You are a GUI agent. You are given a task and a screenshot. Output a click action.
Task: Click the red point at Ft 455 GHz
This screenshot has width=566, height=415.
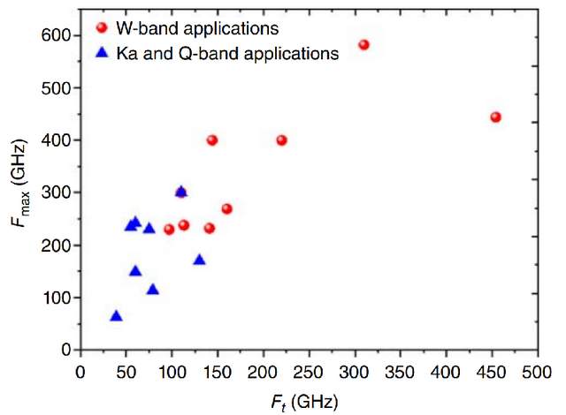click(495, 117)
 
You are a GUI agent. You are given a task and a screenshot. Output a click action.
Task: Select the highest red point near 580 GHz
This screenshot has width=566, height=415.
click(363, 44)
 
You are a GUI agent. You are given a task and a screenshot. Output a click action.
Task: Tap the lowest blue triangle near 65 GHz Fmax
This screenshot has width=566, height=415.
click(116, 316)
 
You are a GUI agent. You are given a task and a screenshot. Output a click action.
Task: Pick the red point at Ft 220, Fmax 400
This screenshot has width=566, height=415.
click(281, 140)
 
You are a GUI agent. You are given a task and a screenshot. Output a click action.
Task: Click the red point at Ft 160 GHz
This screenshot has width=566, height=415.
click(226, 208)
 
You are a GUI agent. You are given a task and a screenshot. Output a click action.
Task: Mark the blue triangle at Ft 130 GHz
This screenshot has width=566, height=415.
click(199, 260)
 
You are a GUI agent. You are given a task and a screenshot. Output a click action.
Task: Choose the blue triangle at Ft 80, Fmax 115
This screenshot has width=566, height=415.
click(152, 289)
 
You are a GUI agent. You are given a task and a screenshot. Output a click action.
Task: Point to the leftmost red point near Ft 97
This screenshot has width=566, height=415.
click(169, 229)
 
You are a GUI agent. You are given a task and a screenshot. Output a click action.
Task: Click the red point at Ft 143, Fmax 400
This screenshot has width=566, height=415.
click(212, 140)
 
